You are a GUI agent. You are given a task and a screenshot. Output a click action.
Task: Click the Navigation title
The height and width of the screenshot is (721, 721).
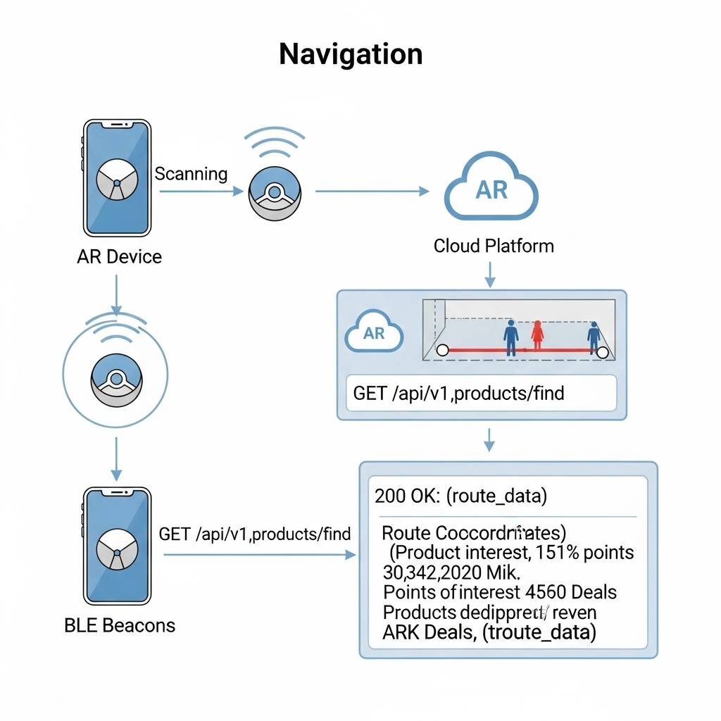[351, 54]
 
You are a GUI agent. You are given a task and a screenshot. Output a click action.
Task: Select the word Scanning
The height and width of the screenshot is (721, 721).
[191, 173]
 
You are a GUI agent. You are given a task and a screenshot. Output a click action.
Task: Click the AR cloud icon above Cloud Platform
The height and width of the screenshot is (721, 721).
[491, 189]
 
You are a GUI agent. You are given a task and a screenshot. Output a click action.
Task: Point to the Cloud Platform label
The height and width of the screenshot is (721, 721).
[494, 246]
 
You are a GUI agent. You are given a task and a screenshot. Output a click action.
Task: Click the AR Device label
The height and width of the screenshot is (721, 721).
[119, 256]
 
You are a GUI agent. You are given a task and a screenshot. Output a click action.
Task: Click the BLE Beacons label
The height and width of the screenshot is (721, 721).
[119, 625]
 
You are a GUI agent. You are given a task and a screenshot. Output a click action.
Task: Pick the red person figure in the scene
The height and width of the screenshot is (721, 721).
[537, 336]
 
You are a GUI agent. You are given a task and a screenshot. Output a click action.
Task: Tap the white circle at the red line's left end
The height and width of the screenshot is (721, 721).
[442, 350]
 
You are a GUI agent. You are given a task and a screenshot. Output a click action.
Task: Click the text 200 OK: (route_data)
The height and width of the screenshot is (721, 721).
[460, 496]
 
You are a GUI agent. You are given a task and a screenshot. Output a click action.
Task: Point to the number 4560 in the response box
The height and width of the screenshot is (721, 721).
[551, 592]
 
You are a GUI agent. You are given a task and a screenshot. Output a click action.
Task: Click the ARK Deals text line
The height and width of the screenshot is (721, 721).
[489, 632]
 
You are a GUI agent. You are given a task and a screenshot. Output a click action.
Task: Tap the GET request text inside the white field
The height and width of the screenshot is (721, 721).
[458, 392]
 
